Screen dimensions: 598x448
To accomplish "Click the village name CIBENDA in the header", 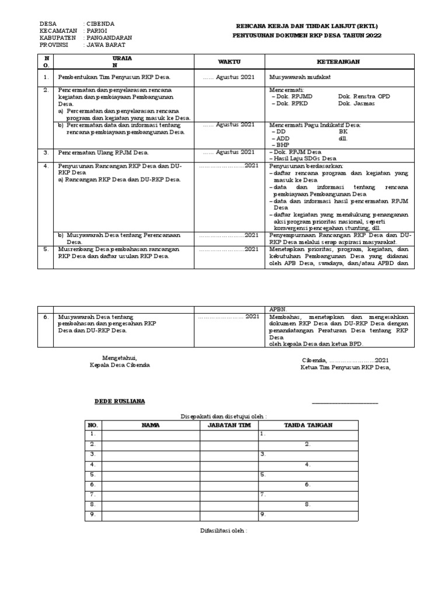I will pos(101,24).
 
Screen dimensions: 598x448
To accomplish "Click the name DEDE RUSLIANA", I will pos(120,402).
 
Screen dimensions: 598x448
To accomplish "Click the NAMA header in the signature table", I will pos(150,426).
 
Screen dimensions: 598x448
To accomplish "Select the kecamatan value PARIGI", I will pos(98,31).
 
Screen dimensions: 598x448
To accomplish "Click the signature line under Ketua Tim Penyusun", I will pos(345,403).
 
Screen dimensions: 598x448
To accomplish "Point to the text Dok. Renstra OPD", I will pos(364,96).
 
